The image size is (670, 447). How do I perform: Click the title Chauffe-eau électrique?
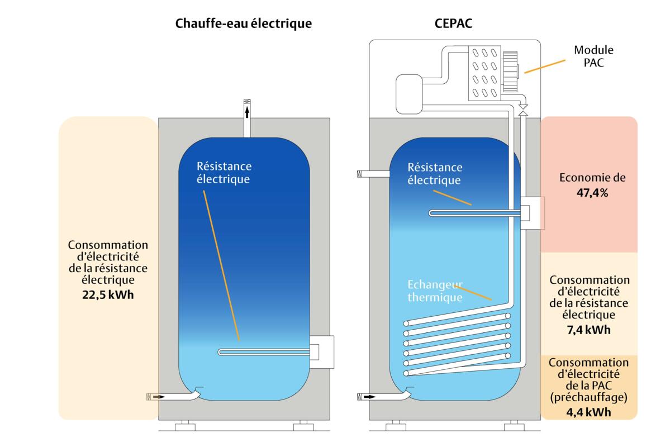tap(243, 24)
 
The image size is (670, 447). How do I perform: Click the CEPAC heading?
tap(453, 24)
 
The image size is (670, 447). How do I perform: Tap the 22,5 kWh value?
tap(108, 294)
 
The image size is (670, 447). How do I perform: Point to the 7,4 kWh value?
tap(589, 330)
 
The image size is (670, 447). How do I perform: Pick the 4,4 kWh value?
tap(589, 413)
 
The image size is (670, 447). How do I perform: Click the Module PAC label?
tap(593, 56)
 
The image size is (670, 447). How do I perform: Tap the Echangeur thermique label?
tap(435, 291)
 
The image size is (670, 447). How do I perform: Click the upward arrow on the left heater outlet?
tap(247, 112)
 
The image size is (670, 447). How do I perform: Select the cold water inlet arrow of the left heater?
tap(159, 397)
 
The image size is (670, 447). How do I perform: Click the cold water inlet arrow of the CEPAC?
tap(369, 397)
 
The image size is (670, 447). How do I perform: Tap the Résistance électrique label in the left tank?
tap(224, 173)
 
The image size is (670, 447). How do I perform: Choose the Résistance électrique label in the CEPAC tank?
tap(435, 173)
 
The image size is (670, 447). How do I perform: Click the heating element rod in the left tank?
tap(263, 351)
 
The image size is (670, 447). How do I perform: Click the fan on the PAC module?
tap(511, 71)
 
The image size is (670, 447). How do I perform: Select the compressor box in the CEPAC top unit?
tap(411, 93)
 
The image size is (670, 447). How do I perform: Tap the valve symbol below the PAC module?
tap(524, 110)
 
